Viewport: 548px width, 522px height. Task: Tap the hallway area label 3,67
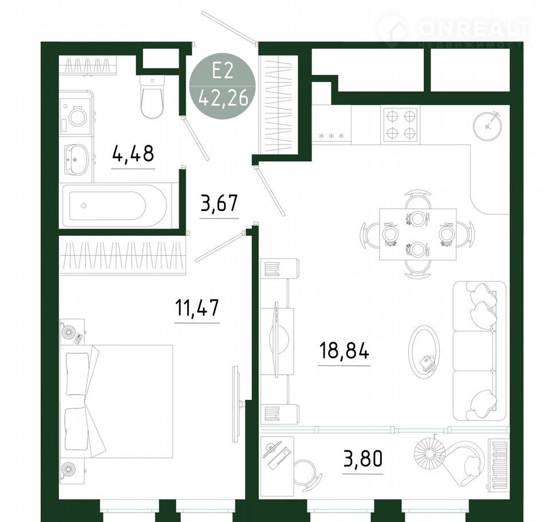pos(219,203)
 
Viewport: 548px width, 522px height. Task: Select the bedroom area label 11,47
pos(197,307)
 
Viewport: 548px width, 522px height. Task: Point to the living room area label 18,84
pos(344,351)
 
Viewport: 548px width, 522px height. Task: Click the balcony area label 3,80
pos(363,459)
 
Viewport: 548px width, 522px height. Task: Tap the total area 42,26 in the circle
pos(223,97)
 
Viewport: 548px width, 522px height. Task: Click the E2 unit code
pos(223,72)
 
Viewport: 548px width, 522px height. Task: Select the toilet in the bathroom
pos(152,96)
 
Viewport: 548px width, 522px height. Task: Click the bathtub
pos(117,205)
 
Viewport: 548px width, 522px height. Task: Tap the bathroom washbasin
pos(76,159)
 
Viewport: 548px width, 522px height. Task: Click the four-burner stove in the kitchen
pos(401,124)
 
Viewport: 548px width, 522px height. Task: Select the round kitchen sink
pos(487,126)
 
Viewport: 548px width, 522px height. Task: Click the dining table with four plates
pos(418,234)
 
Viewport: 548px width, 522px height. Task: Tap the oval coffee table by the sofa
pos(424,352)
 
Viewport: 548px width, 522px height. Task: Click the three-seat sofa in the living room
pos(479,351)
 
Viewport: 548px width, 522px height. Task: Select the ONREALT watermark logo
pos(454,31)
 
